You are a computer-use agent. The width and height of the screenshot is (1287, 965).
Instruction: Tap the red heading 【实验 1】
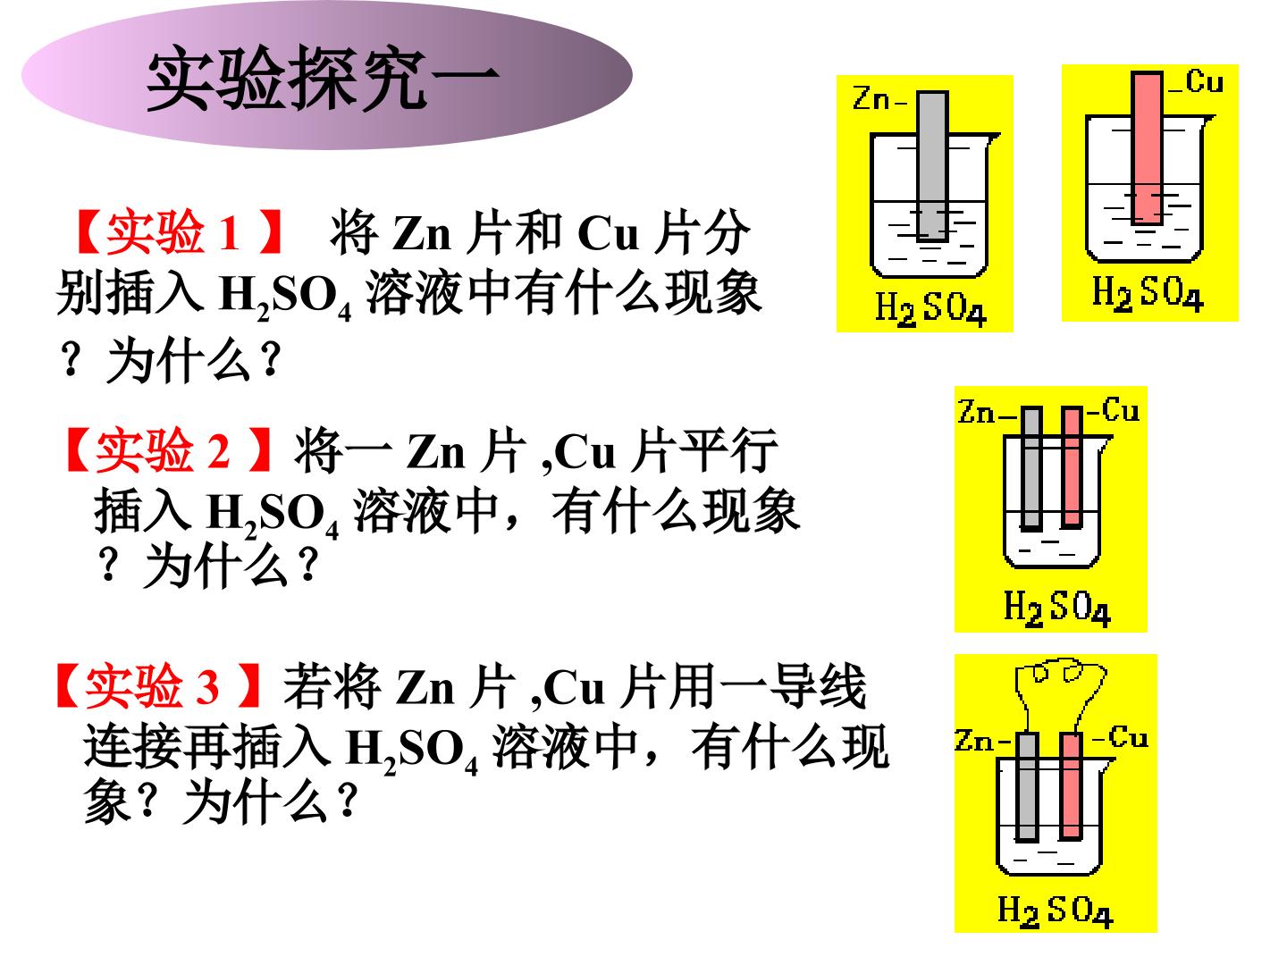[x=180, y=232]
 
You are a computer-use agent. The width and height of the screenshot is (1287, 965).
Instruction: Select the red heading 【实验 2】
[x=169, y=450]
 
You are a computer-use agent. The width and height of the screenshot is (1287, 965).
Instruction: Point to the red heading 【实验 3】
[x=158, y=685]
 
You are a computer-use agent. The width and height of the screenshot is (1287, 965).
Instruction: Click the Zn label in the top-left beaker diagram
[x=872, y=98]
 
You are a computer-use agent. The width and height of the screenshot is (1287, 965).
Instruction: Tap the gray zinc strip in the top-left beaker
[x=932, y=166]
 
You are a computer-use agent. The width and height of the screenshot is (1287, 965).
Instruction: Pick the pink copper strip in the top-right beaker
[x=1147, y=147]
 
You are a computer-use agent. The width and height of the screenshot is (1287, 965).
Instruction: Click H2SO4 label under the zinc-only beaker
[x=931, y=309]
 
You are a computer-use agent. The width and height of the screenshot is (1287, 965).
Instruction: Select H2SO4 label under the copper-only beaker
[x=1148, y=294]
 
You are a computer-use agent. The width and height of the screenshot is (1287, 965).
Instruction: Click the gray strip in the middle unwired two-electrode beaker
[x=1031, y=468]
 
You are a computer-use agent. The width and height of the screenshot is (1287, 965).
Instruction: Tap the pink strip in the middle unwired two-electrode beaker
[x=1072, y=467]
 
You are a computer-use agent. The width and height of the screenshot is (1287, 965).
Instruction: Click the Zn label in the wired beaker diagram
[x=973, y=741]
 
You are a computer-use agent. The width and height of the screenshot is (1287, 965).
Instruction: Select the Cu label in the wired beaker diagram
[x=1128, y=737]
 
